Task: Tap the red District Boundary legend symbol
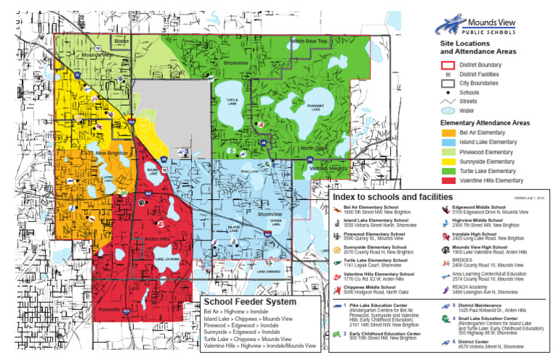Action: point(448,65)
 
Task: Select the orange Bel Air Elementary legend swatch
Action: point(449,133)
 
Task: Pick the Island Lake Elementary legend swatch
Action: point(449,143)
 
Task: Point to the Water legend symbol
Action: point(448,111)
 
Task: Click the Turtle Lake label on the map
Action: point(232,102)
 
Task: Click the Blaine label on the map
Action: point(121,41)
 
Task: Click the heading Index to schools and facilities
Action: point(392,197)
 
